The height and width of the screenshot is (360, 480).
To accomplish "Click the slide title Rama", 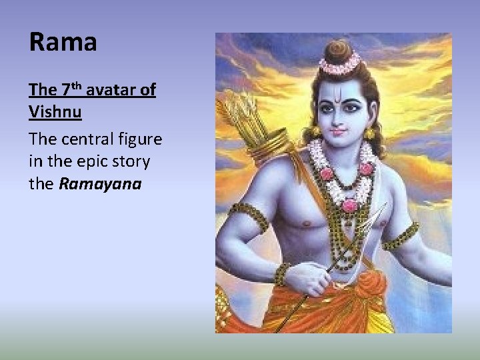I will pyautogui.click(x=63, y=43).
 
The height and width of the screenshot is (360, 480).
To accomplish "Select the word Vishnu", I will pyautogui.click(x=55, y=111).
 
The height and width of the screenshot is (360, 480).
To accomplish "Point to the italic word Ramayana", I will pyautogui.click(x=100, y=183).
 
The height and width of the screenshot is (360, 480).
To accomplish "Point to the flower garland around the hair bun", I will pyautogui.click(x=339, y=65).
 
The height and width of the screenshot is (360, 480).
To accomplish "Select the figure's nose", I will pyautogui.click(x=340, y=119).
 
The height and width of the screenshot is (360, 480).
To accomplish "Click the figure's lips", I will pyautogui.click(x=340, y=132).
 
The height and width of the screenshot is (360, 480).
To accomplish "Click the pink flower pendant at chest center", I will pyautogui.click(x=349, y=205).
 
